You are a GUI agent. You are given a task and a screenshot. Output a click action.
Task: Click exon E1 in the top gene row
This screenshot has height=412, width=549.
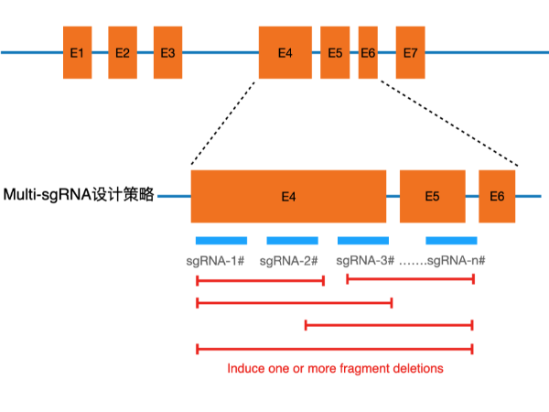pos(77,52)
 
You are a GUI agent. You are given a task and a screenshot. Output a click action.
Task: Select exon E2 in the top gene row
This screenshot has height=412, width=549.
pos(122,52)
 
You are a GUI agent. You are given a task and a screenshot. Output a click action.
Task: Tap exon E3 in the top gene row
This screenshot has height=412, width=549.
pos(167,52)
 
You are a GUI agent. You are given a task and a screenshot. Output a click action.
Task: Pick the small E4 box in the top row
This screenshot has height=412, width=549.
pos(285,52)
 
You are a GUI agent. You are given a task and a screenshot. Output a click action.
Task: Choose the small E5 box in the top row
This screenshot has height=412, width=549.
pos(335,52)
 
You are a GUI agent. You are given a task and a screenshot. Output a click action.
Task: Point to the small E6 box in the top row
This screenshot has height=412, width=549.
pos(368,52)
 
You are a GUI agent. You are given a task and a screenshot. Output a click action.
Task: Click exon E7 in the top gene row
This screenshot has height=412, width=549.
pos(410,52)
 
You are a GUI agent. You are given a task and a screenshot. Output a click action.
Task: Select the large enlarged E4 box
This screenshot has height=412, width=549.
pos(288,196)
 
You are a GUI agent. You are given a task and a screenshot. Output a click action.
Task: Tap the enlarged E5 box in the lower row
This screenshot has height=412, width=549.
pos(432,196)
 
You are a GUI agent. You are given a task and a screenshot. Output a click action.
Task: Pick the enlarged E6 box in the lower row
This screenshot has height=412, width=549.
pos(497,196)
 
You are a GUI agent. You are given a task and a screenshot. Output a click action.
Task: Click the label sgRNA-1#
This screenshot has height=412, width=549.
pos(213,261)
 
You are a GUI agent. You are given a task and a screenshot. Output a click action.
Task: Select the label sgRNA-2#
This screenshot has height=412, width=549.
pos(288,261)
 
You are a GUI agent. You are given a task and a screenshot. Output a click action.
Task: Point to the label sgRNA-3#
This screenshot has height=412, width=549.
pos(364,261)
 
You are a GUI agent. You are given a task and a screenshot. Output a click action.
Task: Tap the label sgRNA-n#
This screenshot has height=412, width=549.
pos(456,261)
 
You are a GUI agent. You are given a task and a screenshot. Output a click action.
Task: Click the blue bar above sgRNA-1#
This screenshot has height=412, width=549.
pos(221,241)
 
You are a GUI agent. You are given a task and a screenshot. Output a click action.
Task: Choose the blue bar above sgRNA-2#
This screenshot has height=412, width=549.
pos(292,241)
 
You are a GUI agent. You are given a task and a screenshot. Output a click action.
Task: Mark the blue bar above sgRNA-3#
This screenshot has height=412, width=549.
pos(363,241)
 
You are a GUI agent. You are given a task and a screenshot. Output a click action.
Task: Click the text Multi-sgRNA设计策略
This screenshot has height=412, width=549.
pos(79,195)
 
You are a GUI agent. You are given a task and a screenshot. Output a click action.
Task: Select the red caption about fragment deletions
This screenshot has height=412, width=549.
pos(335,368)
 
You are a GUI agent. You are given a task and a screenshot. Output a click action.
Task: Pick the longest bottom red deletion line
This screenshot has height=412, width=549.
pos(335,348)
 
